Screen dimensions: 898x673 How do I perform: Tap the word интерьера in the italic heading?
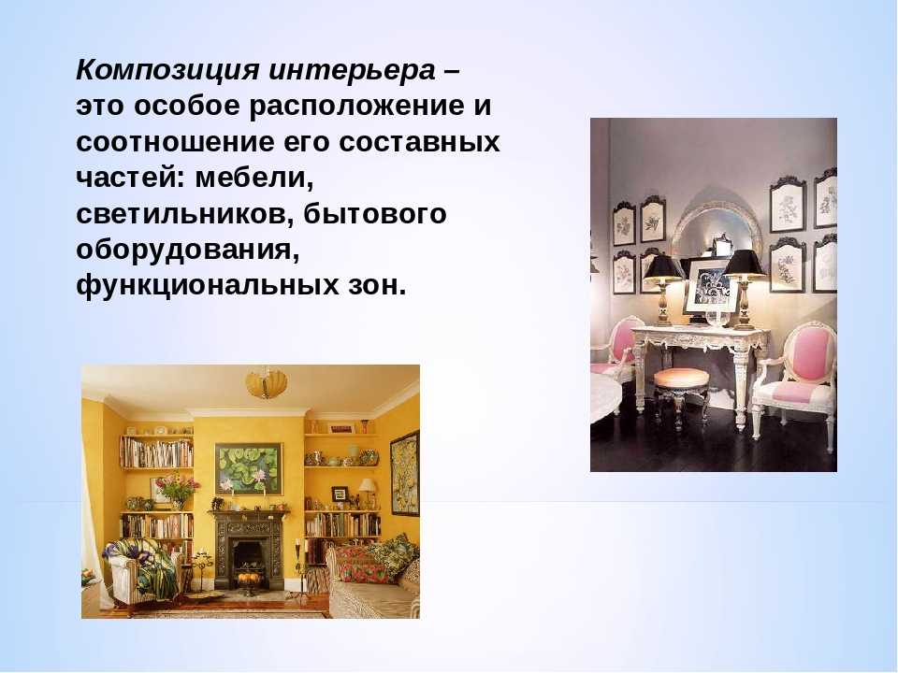click(352, 70)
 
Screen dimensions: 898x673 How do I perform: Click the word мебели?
click(254, 178)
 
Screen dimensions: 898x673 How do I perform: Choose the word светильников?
click(184, 214)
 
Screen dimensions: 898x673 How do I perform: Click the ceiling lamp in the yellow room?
click(266, 383)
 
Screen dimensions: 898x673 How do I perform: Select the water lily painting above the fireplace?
click(249, 469)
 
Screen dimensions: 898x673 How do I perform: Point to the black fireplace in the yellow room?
click(249, 550)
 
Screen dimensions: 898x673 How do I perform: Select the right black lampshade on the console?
click(744, 264)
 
